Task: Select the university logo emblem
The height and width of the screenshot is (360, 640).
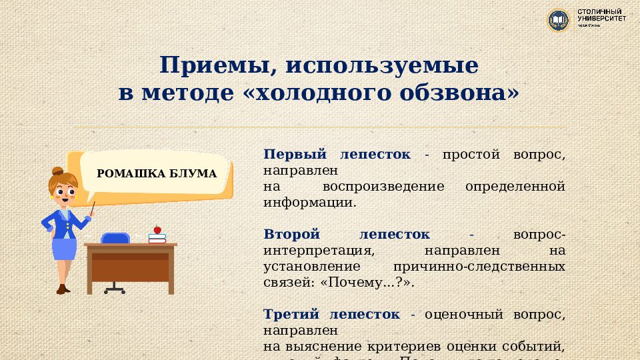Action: tap(558, 20)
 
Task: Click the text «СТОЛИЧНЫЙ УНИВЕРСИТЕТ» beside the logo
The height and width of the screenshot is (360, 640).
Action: tap(601, 16)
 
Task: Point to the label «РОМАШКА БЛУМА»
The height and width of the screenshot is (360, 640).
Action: tap(157, 174)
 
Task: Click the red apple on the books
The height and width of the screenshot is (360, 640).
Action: tap(157, 229)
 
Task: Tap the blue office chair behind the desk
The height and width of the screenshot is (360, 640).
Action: tap(115, 238)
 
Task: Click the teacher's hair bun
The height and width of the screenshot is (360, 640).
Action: tap(58, 171)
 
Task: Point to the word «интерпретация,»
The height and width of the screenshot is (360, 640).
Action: tap(317, 251)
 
